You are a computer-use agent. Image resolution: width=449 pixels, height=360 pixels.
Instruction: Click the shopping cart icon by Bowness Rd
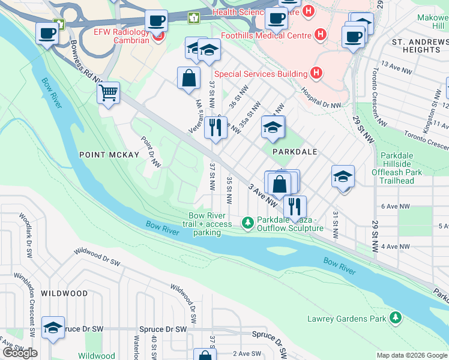coord(108,94)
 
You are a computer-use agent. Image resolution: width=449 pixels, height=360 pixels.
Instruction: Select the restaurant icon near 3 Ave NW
coord(294,206)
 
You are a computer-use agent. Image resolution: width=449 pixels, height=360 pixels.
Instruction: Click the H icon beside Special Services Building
coord(316,74)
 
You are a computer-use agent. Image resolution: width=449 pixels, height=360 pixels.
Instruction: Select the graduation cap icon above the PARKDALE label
coord(273,127)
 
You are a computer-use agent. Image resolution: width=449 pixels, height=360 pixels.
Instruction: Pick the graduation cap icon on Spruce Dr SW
coord(53,328)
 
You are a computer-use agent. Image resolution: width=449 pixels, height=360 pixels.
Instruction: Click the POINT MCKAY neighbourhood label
coord(109,155)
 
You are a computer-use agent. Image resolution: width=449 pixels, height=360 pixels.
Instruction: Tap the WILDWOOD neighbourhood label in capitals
coord(64,293)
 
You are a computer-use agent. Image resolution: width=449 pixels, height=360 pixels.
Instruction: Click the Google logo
coord(20,353)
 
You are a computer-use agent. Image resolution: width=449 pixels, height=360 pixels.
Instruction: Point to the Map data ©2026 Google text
coord(411,355)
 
